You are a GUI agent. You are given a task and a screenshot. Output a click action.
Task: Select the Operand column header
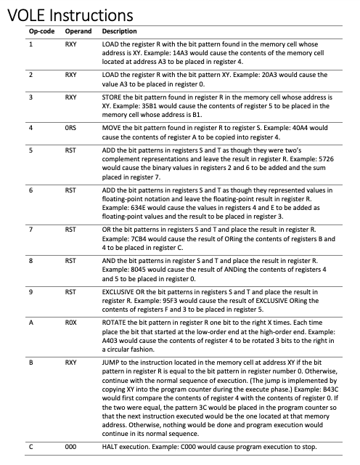point(77,32)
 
